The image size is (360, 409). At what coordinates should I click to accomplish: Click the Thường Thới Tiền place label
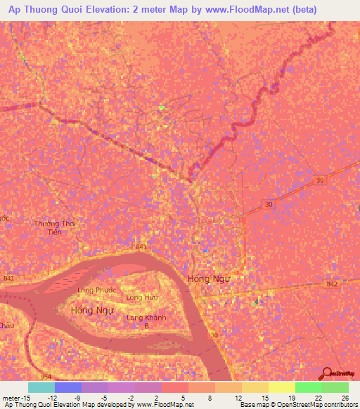(54, 228)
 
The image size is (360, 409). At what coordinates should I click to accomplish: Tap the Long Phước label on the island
(97, 290)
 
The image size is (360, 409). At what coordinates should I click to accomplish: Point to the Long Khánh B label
(146, 322)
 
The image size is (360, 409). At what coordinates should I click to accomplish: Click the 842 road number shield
(333, 283)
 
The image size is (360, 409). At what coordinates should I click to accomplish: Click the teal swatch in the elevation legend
(41, 387)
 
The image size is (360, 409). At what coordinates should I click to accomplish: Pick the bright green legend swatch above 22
(309, 387)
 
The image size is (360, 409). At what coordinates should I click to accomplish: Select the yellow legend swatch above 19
(282, 387)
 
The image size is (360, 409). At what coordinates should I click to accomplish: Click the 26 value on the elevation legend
(345, 397)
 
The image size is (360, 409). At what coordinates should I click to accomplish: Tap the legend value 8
(209, 397)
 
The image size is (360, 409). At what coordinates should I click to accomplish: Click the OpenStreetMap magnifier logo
(326, 374)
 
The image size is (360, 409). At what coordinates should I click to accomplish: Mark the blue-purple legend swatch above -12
(68, 387)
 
